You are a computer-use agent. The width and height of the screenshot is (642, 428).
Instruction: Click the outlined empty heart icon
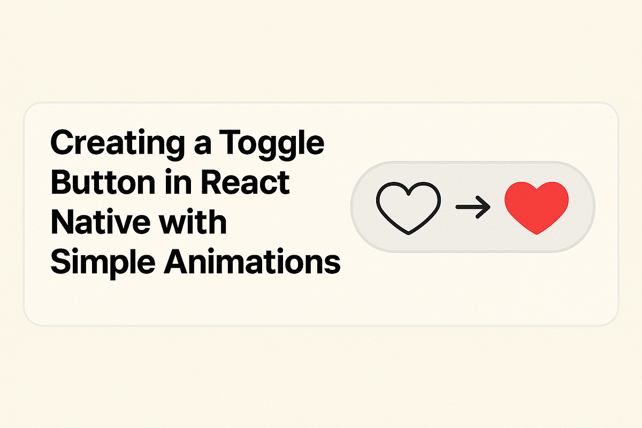408,207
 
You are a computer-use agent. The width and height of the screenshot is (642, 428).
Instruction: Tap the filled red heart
537,207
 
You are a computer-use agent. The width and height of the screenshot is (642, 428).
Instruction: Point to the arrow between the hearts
472,207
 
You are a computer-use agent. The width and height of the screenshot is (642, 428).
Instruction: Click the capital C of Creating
62,143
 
